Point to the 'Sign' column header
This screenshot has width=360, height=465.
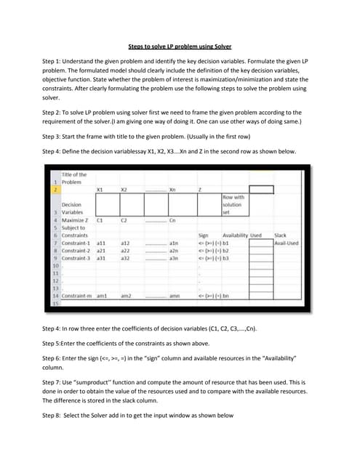tap(203, 235)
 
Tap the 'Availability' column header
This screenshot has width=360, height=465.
tap(232, 235)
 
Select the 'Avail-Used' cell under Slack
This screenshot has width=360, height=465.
tap(287, 243)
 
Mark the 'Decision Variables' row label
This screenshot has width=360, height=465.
tap(73, 209)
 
